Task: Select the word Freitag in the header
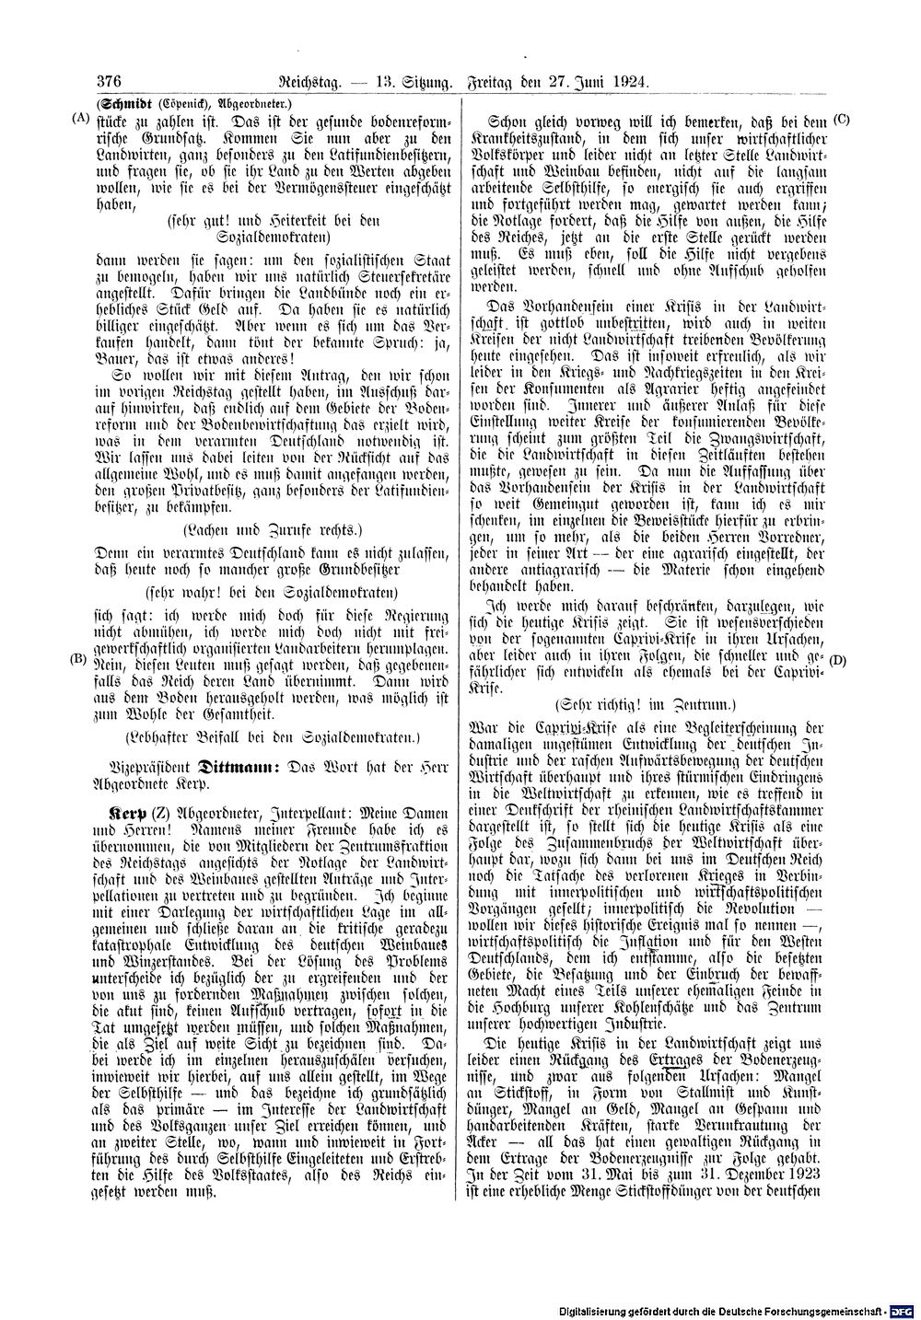497,81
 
